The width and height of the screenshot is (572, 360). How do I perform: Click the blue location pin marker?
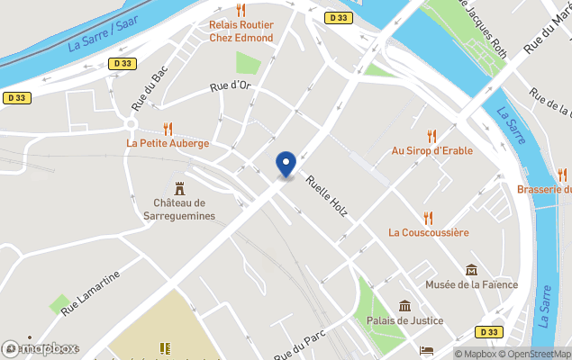tap(286, 163)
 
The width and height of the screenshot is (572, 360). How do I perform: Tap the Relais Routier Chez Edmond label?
tap(241, 31)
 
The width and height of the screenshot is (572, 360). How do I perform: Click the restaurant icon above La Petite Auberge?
tap(168, 129)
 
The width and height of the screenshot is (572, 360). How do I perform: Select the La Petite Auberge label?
tap(168, 143)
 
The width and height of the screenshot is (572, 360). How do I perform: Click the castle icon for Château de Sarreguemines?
tap(179, 188)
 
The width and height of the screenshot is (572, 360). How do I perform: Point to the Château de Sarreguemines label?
tap(179, 210)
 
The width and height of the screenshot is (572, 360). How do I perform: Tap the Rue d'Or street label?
tap(229, 86)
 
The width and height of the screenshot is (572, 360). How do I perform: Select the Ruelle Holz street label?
tap(326, 197)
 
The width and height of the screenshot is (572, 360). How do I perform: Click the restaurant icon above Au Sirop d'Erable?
tap(431, 136)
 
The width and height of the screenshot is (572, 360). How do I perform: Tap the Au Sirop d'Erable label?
tap(431, 150)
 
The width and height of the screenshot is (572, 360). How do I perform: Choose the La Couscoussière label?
tap(429, 232)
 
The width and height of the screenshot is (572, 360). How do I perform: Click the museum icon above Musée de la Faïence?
tap(471, 270)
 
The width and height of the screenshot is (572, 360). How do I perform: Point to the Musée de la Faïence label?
tap(471, 284)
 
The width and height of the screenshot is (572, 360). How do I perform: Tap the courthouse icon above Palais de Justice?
tap(404, 306)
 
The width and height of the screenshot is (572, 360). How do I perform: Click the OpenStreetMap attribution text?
tap(538, 353)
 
